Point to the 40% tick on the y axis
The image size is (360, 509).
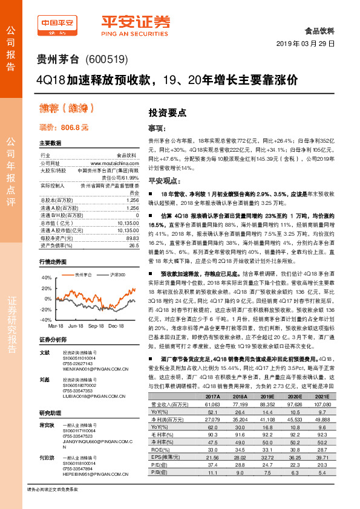coord(46,277)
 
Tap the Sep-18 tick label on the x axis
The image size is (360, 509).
coord(96,325)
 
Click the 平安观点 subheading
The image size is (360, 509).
coord(165,180)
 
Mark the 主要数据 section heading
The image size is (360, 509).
coord(50,143)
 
